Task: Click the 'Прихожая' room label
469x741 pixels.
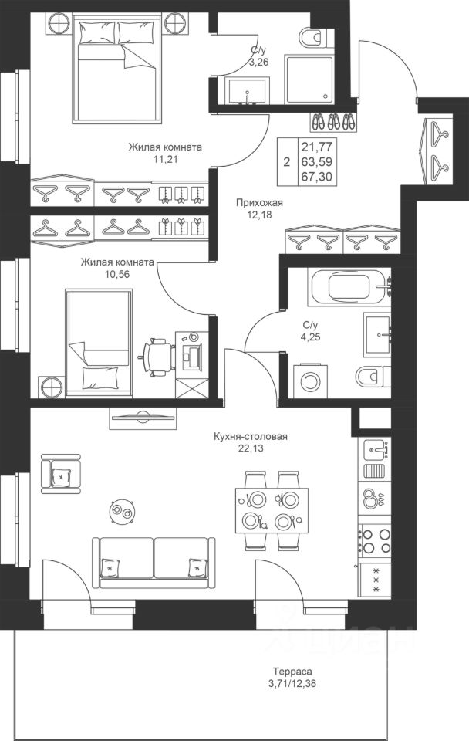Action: [x=259, y=203]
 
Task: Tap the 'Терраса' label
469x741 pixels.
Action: [x=292, y=671]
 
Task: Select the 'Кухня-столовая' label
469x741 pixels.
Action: [x=251, y=436]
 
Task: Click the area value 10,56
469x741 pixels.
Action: [x=117, y=274]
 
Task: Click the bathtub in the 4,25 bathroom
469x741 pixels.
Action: [x=349, y=287]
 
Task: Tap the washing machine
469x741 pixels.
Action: [x=310, y=381]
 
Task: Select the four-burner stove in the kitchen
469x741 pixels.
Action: [x=375, y=541]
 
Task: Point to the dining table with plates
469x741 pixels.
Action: [x=272, y=510]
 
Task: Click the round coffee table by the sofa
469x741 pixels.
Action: [x=123, y=511]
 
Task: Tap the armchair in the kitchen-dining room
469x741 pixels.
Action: [x=60, y=474]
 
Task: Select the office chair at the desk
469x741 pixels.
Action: [x=157, y=357]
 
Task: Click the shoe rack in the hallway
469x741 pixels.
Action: [x=334, y=122]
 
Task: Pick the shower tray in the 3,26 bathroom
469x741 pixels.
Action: [x=309, y=79]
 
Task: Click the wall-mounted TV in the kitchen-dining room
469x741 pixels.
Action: [x=143, y=418]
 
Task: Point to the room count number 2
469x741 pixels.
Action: [x=286, y=163]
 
